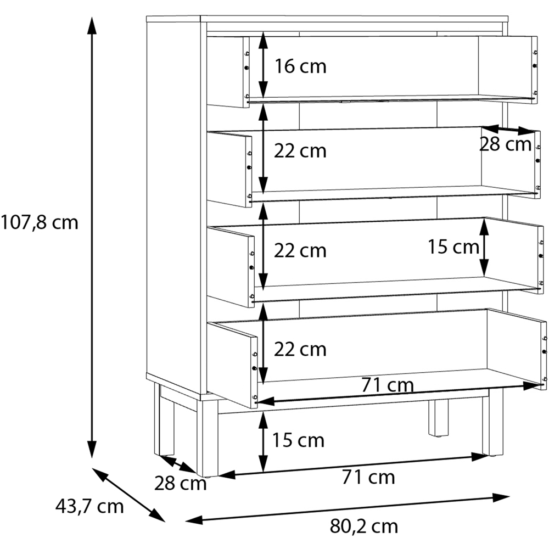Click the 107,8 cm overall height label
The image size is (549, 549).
coord(39,223)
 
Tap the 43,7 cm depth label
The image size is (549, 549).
coord(89,506)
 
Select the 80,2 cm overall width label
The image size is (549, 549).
coord(364,526)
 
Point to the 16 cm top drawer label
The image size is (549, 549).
coord(300,66)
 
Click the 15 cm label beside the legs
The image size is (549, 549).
coord(298,440)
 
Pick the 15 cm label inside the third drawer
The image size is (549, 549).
coord(453,247)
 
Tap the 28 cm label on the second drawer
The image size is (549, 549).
coord(505,144)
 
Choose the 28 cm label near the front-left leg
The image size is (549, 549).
coord(180,483)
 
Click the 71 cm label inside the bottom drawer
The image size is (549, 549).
coord(388,385)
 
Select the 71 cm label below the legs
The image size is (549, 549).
coord(368,477)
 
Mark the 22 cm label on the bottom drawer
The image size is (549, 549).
coord(300,349)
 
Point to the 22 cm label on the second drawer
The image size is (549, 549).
coord(300,151)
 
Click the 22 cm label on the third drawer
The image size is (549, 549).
coord(300,250)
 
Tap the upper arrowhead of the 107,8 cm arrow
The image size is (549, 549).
coord(92,25)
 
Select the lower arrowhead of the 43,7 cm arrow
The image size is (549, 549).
coord(157,516)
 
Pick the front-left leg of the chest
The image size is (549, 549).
coord(208,438)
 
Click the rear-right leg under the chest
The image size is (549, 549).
coord(438,418)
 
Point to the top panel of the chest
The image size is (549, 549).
coord(327,19)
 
